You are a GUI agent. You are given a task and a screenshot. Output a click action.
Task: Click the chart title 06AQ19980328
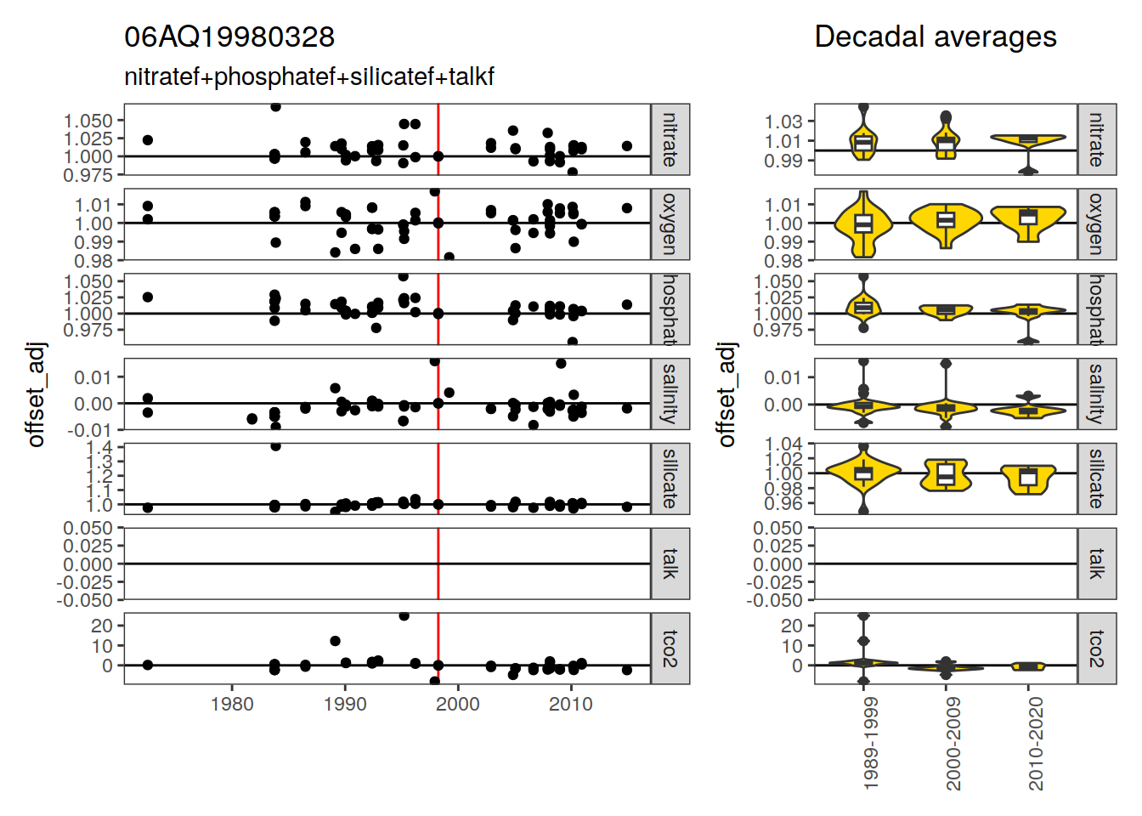pos(229,37)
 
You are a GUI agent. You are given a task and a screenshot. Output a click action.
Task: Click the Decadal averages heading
pos(935,37)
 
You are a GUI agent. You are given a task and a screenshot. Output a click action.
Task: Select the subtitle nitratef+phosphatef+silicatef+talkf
pos(309,77)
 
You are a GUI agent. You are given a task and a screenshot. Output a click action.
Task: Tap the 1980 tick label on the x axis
pos(232,704)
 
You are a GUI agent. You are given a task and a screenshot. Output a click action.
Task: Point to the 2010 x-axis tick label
pos(570,704)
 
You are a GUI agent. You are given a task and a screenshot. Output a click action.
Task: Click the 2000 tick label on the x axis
pos(458,704)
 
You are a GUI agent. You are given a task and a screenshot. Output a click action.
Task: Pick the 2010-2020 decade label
pos(1036,745)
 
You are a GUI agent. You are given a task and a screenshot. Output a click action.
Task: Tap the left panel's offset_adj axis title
pos(36,394)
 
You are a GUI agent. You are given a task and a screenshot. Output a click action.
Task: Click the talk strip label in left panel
pos(670,564)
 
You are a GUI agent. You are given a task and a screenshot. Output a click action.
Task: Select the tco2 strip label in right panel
pos(1097,649)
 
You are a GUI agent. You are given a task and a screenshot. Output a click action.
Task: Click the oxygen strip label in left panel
pos(670,224)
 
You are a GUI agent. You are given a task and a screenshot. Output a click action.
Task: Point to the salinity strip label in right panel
pos(1097,394)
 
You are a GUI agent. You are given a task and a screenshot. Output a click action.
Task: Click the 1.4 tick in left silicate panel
pos(100,447)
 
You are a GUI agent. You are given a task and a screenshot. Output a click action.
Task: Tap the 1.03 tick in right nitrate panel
pos(783,122)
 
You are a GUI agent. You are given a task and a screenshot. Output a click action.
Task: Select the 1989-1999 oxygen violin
pos(863,224)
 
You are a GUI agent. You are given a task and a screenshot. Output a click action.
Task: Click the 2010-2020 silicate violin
pos(1028,478)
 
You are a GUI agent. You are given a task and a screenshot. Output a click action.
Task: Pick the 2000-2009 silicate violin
pos(946,475)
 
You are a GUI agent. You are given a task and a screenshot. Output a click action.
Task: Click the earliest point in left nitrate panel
pos(148,140)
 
